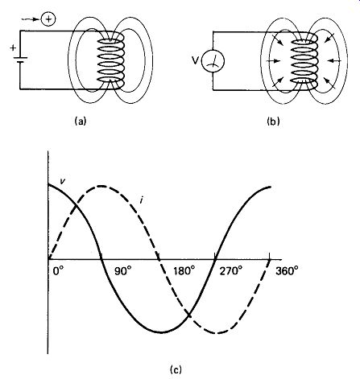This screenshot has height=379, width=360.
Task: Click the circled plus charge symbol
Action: [48, 19]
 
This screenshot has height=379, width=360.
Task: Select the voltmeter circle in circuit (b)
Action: [213, 61]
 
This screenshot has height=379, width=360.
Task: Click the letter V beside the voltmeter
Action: [196, 61]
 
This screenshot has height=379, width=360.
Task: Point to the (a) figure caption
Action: [81, 121]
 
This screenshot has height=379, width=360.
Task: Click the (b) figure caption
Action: [273, 122]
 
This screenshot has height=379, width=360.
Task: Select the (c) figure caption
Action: [176, 370]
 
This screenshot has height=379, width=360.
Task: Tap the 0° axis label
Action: [58, 271]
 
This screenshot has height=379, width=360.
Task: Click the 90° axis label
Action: [123, 271]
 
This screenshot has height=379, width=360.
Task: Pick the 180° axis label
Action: [184, 271]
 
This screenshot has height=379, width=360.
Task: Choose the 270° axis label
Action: [230, 271]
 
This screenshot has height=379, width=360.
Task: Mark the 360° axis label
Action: [287, 271]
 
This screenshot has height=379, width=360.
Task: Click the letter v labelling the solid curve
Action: [62, 181]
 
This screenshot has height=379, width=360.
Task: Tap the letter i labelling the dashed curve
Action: [141, 200]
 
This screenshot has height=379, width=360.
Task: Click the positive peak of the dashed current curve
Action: [101, 186]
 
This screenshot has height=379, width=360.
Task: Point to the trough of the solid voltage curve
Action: [161, 332]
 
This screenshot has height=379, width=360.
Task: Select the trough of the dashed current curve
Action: [217, 333]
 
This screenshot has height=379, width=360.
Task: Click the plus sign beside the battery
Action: [13, 48]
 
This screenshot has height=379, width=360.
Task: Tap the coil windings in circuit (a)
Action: [110, 60]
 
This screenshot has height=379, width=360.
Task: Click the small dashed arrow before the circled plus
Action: [30, 19]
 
